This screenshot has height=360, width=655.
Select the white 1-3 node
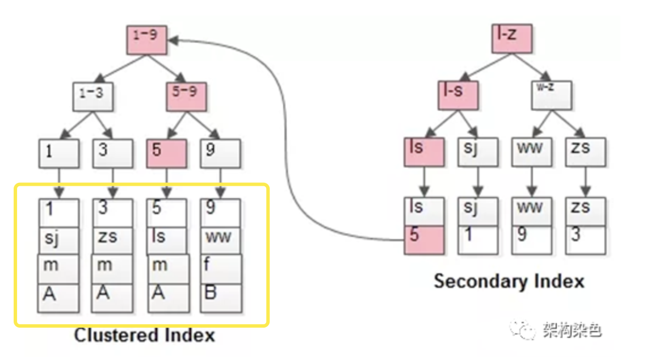[94, 97]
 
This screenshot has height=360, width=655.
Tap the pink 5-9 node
[186, 97]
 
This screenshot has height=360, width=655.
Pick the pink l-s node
[457, 95]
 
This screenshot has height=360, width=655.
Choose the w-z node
[552, 95]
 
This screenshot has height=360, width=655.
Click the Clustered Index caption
[145, 335]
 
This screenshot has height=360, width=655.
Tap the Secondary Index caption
[509, 281]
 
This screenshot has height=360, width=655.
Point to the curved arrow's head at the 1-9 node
[171, 40]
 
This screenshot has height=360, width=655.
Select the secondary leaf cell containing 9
[531, 239]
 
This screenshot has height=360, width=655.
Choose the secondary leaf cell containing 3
[585, 239]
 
